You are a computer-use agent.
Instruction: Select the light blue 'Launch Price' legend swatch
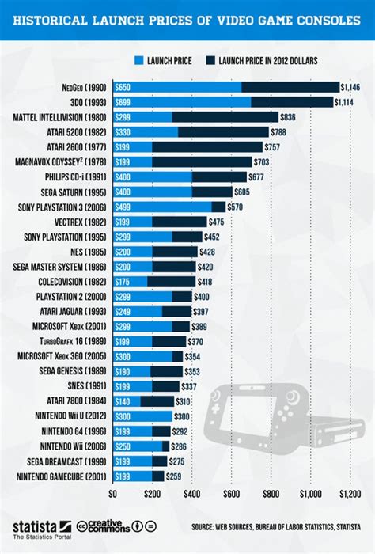(x=139, y=59)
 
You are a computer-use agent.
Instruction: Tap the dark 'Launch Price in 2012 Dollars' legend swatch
(x=210, y=59)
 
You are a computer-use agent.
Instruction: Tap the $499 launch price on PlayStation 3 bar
(x=123, y=207)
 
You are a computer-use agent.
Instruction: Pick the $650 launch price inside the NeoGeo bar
(x=123, y=86)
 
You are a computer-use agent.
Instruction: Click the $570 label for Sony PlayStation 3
(x=236, y=207)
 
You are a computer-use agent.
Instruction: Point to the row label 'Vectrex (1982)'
(x=85, y=222)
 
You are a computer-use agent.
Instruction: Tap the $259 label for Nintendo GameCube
(x=175, y=476)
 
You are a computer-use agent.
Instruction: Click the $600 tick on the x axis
(x=231, y=495)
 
